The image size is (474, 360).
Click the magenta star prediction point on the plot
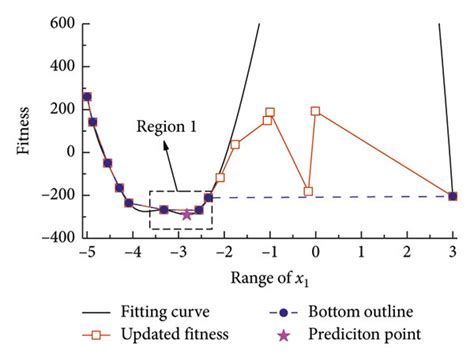pyautogui.click(x=187, y=214)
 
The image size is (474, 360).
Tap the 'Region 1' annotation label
pyautogui.click(x=168, y=128)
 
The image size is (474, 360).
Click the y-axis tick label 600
pyautogui.click(x=62, y=23)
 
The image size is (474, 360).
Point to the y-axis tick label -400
pyautogui.click(x=58, y=238)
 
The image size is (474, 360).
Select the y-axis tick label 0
pyautogui.click(x=70, y=152)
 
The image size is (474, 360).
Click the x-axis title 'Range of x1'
pyautogui.click(x=270, y=278)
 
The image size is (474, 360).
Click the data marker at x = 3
pyautogui.click(x=453, y=196)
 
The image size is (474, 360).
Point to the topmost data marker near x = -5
pyautogui.click(x=87, y=97)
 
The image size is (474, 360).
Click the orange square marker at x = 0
pyautogui.click(x=316, y=111)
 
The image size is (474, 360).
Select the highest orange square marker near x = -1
pyautogui.click(x=270, y=113)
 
